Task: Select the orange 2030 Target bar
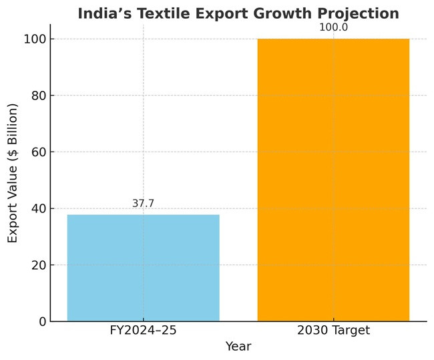[x=333, y=180]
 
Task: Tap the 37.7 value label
[x=143, y=203]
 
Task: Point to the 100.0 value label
[x=333, y=27]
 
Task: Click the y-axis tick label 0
[x=42, y=322]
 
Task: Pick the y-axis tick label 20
[x=38, y=265]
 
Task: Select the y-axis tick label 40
[x=38, y=209]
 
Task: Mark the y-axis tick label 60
[x=38, y=152]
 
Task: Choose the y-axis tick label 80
[x=38, y=96]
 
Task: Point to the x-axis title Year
[x=238, y=347]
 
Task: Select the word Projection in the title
[x=356, y=13]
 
